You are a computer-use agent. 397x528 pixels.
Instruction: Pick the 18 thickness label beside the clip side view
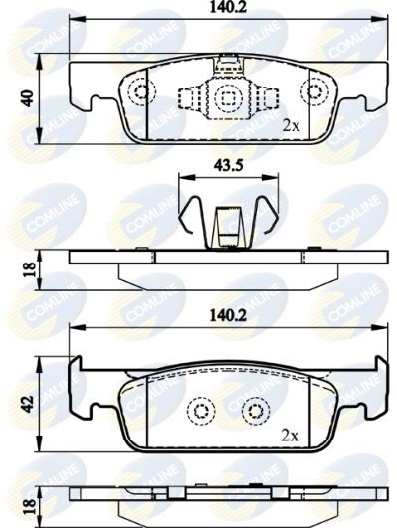click(x=28, y=266)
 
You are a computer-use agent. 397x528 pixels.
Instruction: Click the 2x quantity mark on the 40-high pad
click(x=291, y=126)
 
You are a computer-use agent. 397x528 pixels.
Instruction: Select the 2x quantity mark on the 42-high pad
click(x=291, y=436)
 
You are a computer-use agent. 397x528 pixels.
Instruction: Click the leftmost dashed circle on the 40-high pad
click(x=140, y=92)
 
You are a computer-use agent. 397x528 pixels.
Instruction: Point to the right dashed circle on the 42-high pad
click(x=255, y=411)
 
